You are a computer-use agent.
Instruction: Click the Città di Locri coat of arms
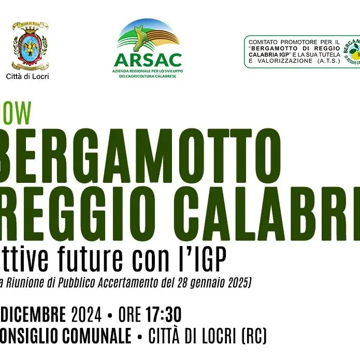coord(30,46)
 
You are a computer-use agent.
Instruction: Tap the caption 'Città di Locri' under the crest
coord(31,77)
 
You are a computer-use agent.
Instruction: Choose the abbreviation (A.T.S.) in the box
coord(326,61)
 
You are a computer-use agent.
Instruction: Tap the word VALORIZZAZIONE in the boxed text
coord(285,61)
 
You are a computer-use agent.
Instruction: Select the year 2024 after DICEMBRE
coord(87,314)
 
